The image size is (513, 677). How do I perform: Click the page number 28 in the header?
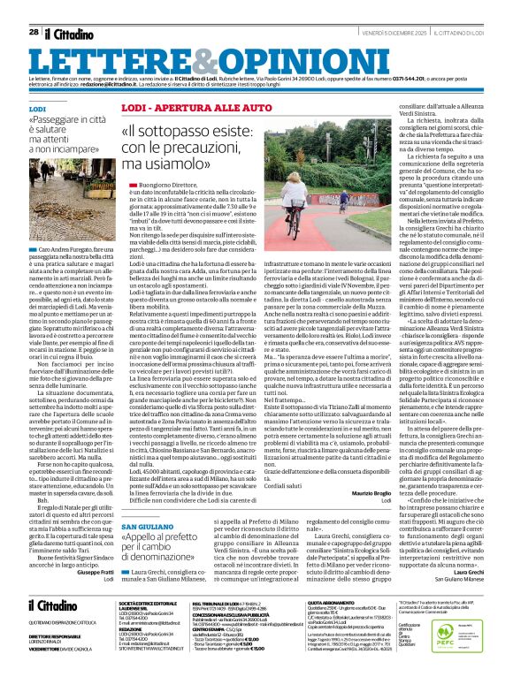(34, 32)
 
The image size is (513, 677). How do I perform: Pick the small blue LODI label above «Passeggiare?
(37, 108)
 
